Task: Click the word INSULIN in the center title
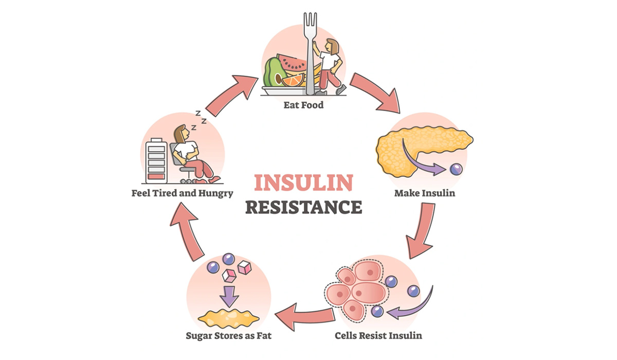coord(304,183)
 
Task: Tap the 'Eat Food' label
coord(304,106)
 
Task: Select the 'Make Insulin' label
coord(425,194)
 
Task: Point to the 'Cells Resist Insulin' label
coord(378,336)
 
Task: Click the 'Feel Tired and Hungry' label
coord(182,194)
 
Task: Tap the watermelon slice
coord(291,63)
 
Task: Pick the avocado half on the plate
coord(275,73)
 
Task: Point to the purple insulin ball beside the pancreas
coord(456,168)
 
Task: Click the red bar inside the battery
coord(156,176)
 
